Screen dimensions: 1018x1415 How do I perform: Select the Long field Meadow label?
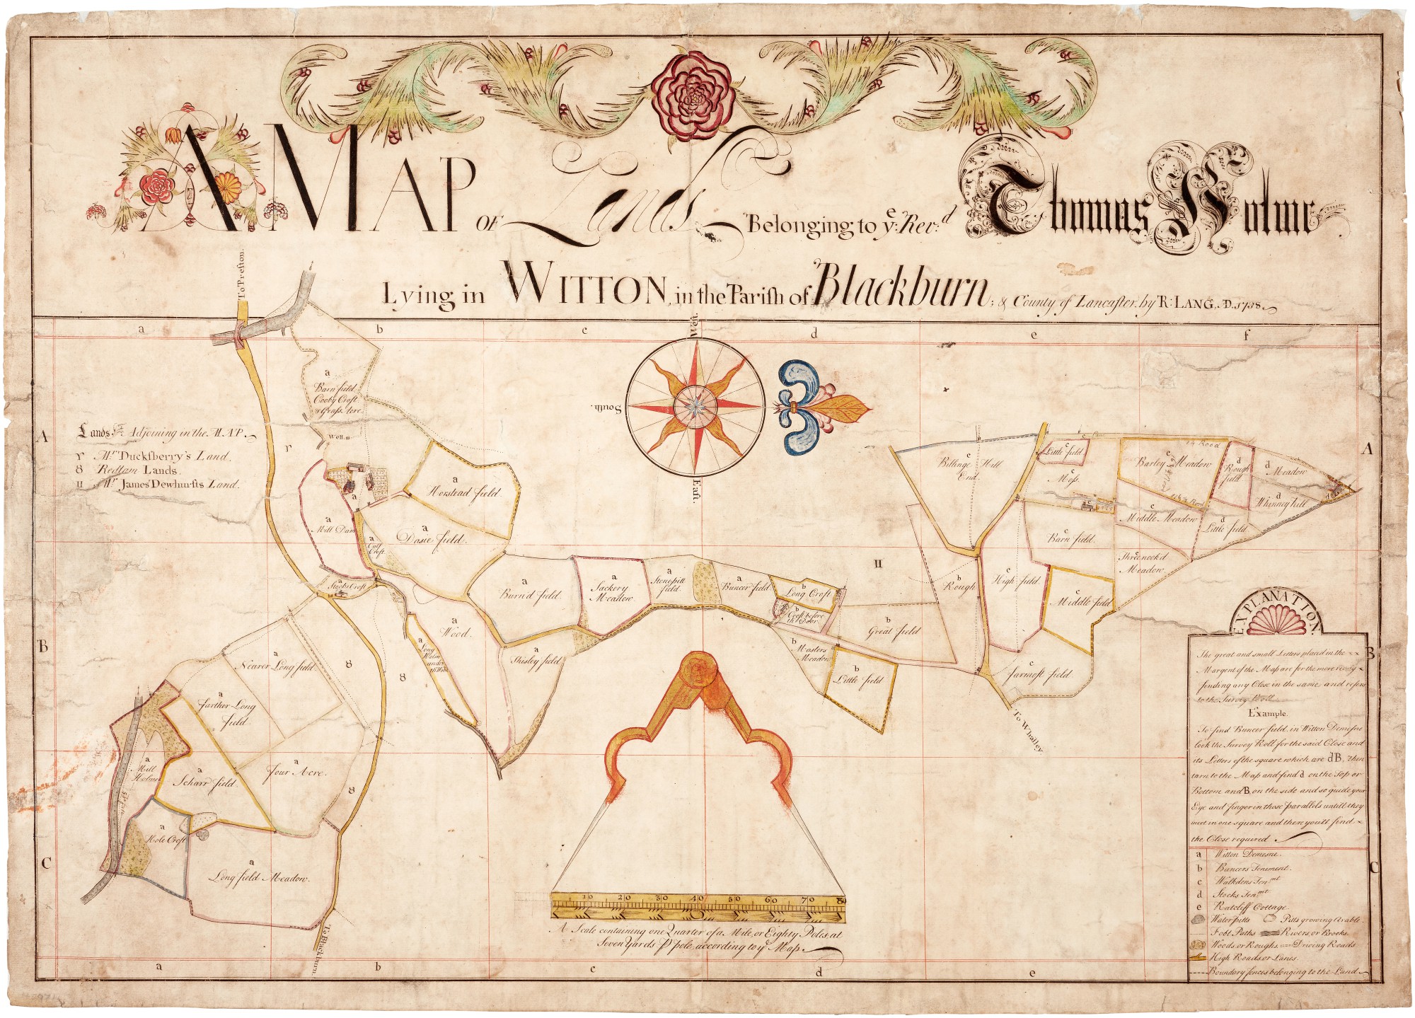click(x=260, y=878)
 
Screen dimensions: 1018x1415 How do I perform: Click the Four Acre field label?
click(x=295, y=773)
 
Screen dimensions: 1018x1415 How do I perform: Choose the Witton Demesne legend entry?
click(x=1242, y=855)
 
